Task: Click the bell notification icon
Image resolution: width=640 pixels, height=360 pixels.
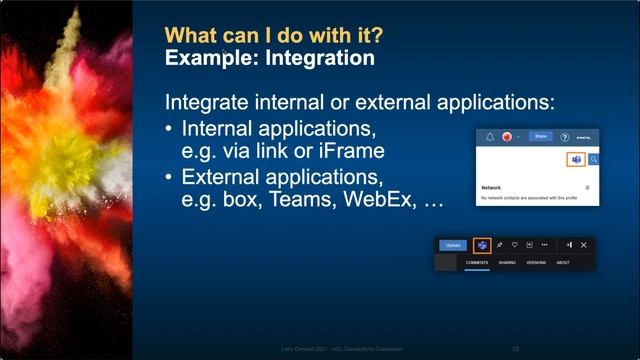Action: pyautogui.click(x=490, y=137)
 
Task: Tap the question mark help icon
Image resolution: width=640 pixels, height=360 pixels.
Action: pyautogui.click(x=565, y=137)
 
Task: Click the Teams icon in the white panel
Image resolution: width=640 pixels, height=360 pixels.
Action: pyautogui.click(x=575, y=159)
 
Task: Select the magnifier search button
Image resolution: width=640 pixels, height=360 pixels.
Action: pyautogui.click(x=593, y=159)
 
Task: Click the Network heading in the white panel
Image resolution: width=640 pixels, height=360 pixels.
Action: pyautogui.click(x=491, y=187)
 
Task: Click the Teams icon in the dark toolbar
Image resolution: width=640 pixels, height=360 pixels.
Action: pyautogui.click(x=480, y=245)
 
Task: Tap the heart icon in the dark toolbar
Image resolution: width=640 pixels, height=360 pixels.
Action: pyautogui.click(x=514, y=245)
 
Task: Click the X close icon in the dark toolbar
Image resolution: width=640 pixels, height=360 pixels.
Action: pyautogui.click(x=584, y=245)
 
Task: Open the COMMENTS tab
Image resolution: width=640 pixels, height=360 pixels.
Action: pyautogui.click(x=477, y=263)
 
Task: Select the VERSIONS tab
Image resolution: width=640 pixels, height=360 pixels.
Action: pyautogui.click(x=536, y=263)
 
